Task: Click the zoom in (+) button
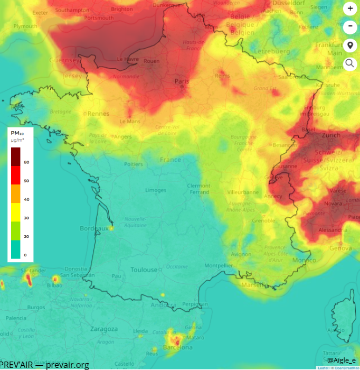coord(350,8)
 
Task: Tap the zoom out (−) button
coord(350,26)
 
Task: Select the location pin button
coord(350,45)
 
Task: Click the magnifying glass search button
coord(350,64)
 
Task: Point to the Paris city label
coord(182,81)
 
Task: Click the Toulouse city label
coord(144,270)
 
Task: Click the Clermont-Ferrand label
coord(199,189)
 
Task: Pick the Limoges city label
coord(156,190)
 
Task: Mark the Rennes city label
coord(98,114)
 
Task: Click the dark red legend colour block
coord(16,156)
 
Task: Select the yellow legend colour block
coord(16,212)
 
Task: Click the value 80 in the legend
coord(26,162)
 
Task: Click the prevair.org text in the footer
coord(67,365)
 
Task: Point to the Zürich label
coord(330,135)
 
